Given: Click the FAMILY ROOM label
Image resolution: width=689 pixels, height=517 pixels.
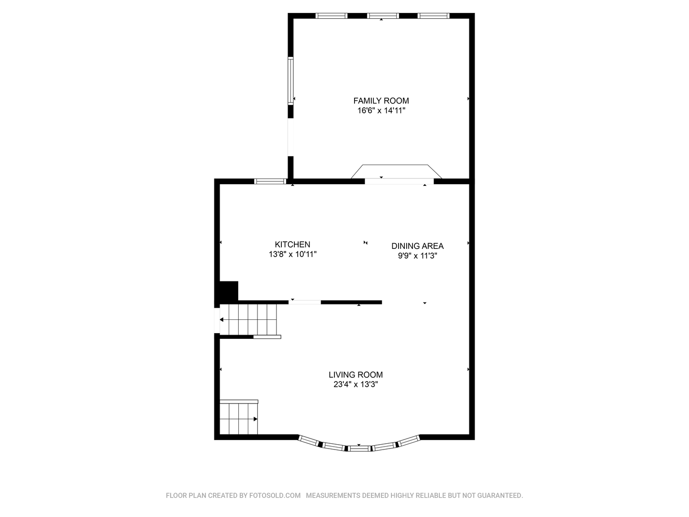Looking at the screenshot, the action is [381, 101].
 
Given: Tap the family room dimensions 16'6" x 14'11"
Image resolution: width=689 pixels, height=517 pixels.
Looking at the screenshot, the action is [381, 111].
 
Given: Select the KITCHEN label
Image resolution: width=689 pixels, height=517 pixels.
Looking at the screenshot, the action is [292, 245].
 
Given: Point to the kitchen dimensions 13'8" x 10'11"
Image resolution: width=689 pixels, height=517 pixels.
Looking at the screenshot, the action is [292, 254].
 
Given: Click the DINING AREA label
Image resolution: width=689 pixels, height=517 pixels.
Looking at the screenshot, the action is [417, 246].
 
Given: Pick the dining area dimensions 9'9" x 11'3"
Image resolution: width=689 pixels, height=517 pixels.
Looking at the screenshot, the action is [418, 256].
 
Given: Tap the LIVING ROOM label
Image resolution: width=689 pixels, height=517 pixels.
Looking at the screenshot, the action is [356, 375].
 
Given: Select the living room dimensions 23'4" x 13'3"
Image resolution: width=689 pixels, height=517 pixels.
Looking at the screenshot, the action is [356, 384].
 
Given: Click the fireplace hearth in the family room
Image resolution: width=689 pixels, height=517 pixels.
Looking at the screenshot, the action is [396, 172].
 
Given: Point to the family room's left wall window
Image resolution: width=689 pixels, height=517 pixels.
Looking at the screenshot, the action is [290, 80].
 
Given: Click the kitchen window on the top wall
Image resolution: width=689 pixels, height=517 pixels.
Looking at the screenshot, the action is [270, 181].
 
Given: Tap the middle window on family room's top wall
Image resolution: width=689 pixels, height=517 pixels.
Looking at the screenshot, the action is [383, 16].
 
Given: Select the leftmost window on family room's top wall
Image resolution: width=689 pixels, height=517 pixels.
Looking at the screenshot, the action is [332, 16].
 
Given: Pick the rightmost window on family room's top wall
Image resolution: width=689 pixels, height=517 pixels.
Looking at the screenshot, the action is [433, 16].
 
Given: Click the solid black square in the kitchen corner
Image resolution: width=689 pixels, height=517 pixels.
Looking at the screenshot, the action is [229, 291].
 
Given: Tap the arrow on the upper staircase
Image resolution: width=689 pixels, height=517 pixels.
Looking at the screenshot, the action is [222, 320].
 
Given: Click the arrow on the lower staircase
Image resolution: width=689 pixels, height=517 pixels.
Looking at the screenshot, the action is [256, 419].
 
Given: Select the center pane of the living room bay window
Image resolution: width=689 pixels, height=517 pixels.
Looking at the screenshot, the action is [359, 449].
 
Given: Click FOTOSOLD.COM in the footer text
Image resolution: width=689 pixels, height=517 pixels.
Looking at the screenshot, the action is [275, 495].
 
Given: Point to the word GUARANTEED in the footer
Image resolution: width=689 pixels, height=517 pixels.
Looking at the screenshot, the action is [500, 495].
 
